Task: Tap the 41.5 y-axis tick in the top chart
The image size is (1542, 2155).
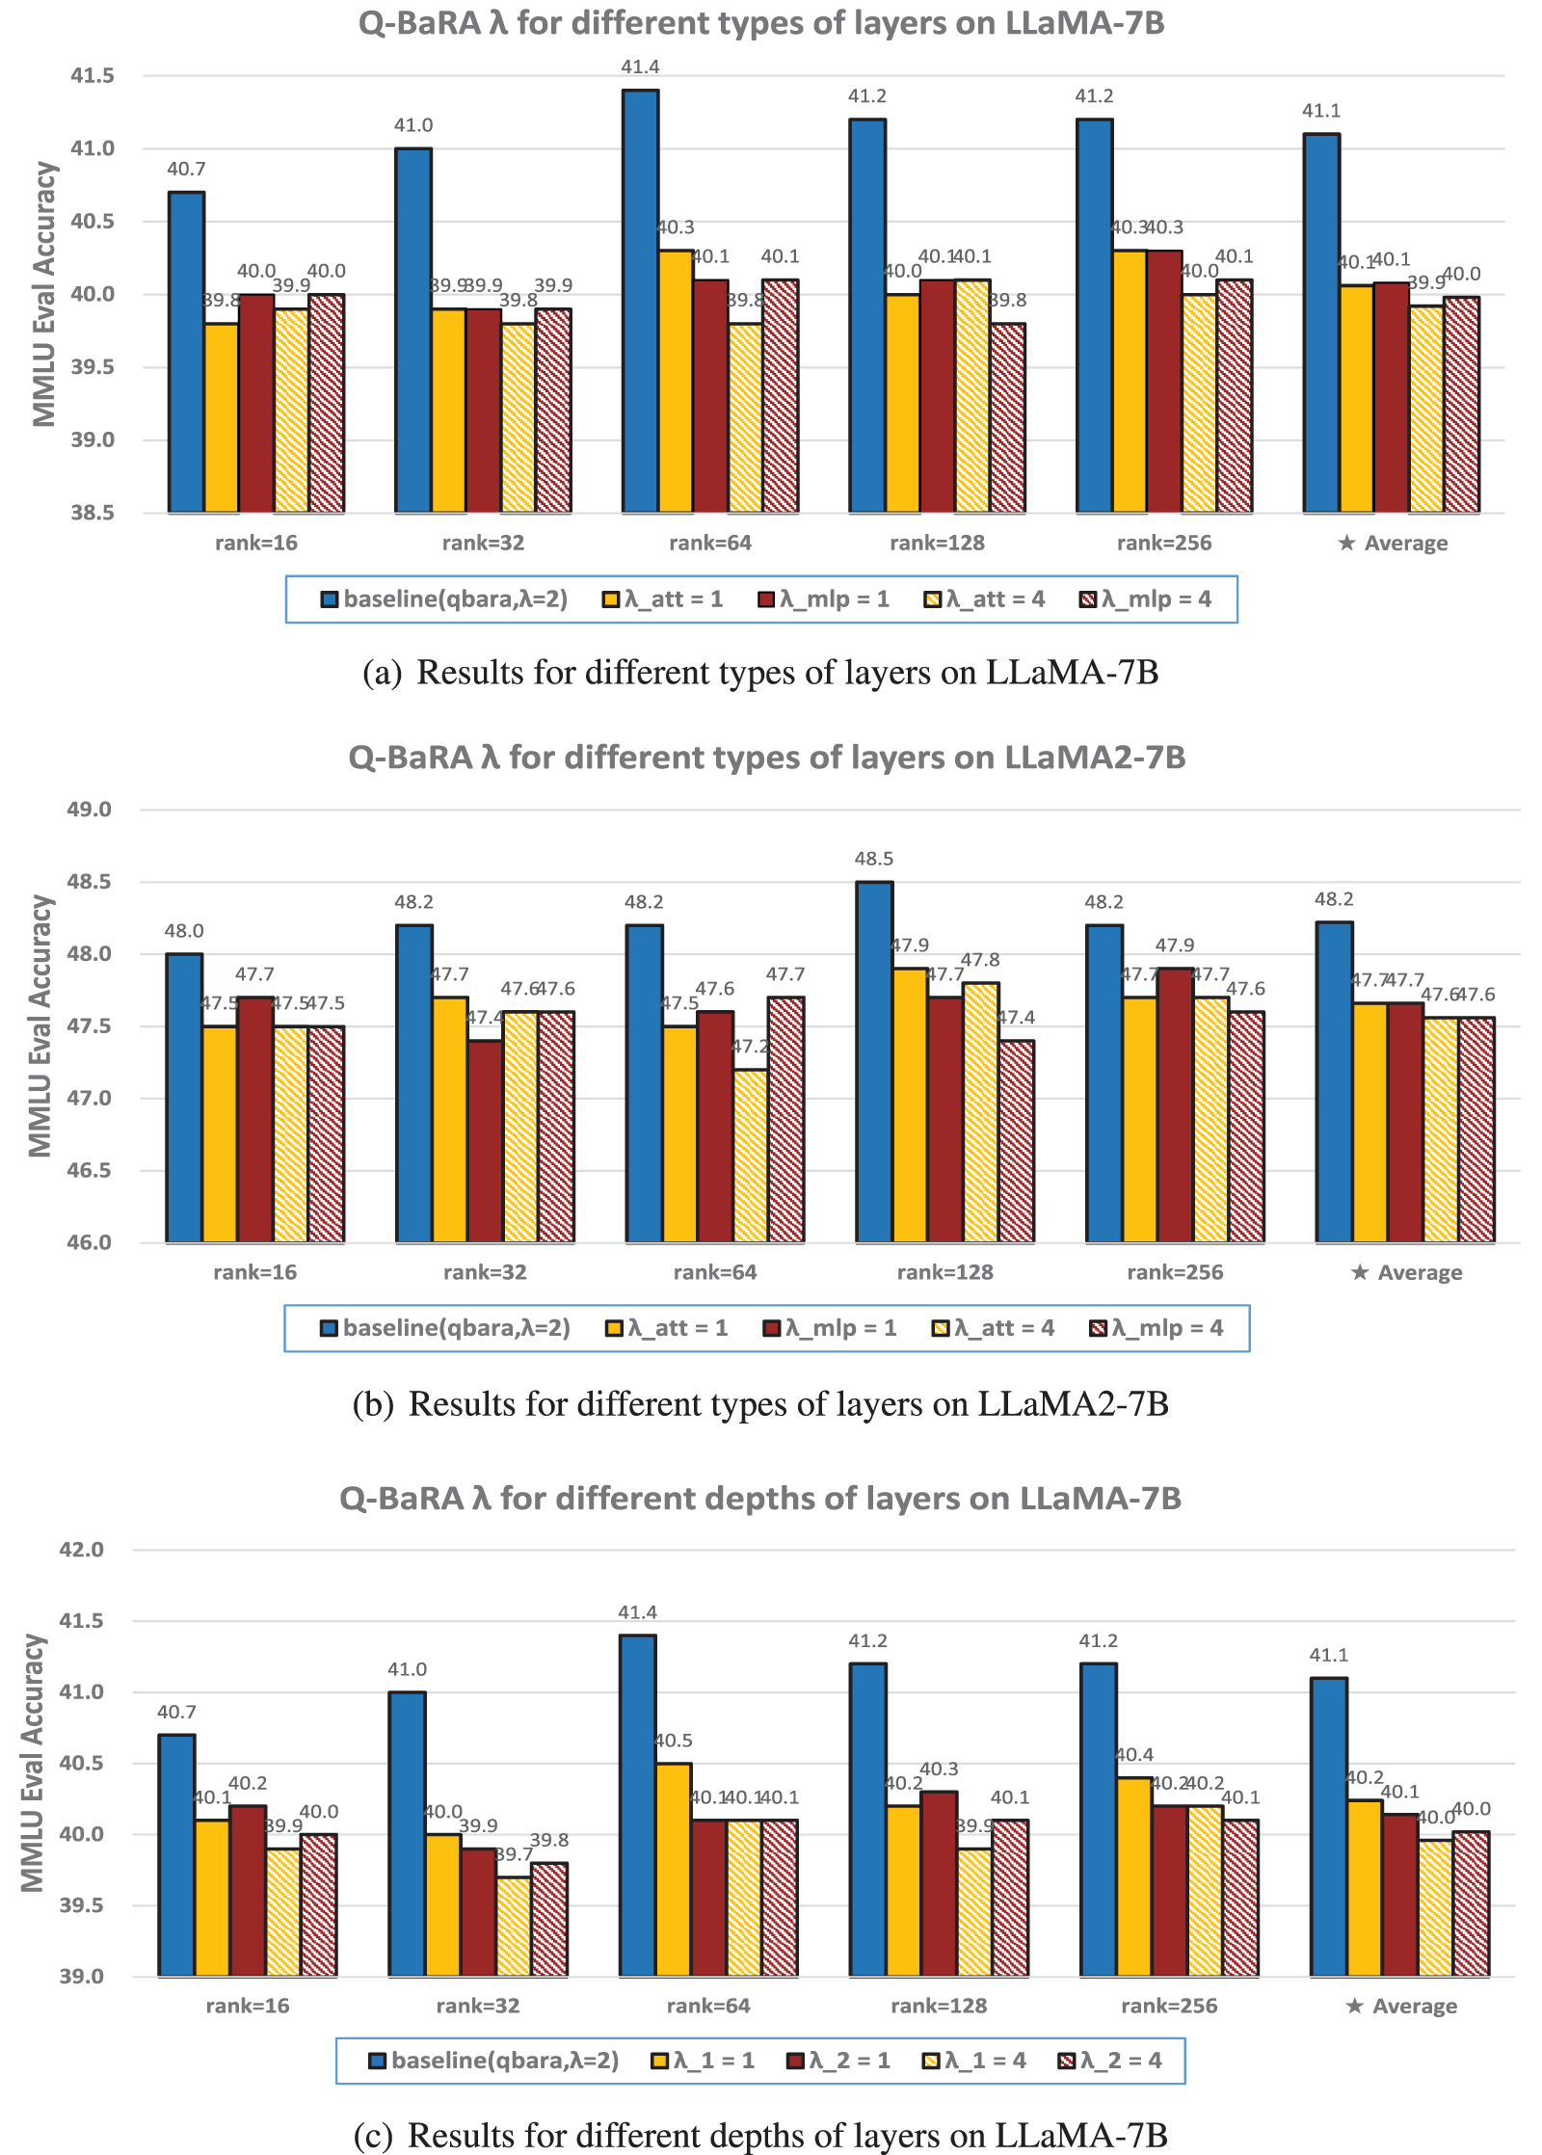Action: click(x=93, y=75)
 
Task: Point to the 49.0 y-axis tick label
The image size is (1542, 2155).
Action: click(x=89, y=810)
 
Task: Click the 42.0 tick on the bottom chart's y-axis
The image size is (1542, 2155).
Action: click(x=82, y=1550)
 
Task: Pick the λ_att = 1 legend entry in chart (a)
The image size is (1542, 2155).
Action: click(x=663, y=599)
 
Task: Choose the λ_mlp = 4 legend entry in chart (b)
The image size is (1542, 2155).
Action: click(x=1156, y=1328)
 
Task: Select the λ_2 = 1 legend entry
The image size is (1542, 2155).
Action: click(x=838, y=2061)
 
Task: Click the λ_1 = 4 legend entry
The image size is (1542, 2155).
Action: click(x=974, y=2061)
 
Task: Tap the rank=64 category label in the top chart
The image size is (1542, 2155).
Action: click(x=710, y=543)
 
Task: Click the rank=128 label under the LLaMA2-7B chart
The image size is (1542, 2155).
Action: click(x=944, y=1272)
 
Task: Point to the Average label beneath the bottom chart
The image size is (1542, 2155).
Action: click(x=1401, y=2006)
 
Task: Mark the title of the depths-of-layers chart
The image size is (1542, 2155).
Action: click(x=759, y=1499)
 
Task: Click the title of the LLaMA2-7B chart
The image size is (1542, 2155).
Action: click(x=766, y=758)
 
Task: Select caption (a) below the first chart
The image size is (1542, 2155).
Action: click(x=760, y=672)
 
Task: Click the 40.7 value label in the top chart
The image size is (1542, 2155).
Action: click(x=186, y=170)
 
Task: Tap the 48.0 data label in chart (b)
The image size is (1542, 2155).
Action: click(x=184, y=931)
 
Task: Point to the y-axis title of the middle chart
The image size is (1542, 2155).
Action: click(x=40, y=1026)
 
